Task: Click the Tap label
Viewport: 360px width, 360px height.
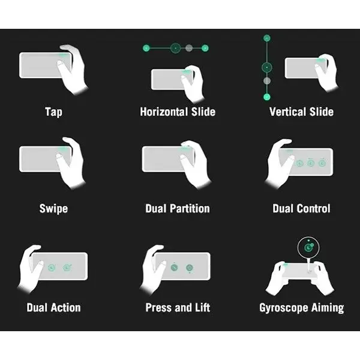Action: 53,112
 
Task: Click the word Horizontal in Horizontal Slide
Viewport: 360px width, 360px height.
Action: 164,112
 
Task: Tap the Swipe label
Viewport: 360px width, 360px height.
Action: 53,209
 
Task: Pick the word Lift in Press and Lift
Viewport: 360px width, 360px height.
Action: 202,308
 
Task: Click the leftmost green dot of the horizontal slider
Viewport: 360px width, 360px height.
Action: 146,48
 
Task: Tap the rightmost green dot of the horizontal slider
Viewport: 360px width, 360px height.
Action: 205,48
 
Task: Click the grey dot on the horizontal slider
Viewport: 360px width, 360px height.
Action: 189,48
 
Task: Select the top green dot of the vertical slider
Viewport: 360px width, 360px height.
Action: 267,38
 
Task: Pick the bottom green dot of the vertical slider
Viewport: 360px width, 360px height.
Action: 267,97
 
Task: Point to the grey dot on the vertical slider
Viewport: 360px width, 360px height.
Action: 267,81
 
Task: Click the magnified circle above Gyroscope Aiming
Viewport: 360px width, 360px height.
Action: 308,248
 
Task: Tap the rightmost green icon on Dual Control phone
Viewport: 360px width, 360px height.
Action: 322,163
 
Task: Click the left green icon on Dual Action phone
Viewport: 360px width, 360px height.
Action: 52,268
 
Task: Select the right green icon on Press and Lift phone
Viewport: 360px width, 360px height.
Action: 190,268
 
